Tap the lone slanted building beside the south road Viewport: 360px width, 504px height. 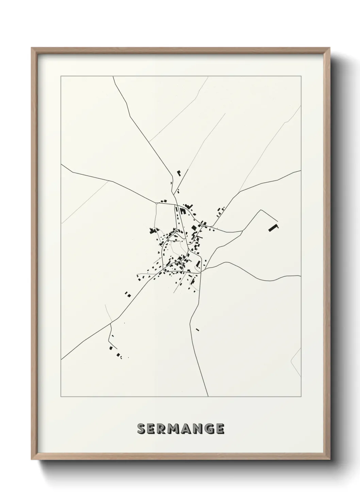(197, 329)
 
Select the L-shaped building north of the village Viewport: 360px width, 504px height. (179, 173)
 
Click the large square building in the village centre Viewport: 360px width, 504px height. (194, 228)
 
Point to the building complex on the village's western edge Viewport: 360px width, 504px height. (151, 231)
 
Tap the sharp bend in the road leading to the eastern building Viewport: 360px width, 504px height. (261, 210)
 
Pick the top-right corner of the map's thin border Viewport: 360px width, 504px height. (301, 76)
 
